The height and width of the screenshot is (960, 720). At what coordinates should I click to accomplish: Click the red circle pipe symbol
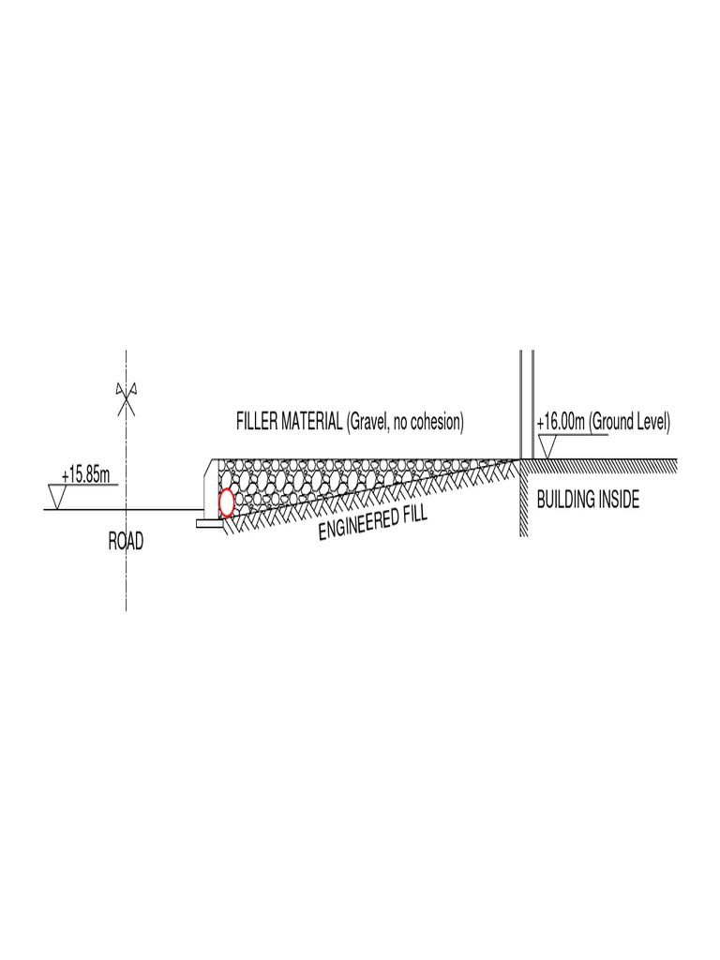[x=226, y=502]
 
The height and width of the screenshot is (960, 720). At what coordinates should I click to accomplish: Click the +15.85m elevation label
[x=85, y=475]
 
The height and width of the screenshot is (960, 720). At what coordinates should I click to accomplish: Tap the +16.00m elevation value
[x=561, y=423]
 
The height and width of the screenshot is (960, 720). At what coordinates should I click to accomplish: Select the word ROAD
[x=126, y=544]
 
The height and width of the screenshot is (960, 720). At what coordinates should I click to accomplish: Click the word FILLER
[x=257, y=423]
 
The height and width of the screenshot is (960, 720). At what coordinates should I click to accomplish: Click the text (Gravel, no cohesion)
[x=405, y=423]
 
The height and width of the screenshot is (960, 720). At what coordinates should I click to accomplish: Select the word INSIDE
[x=620, y=500]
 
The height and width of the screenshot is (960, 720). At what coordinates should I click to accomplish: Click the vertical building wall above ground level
[x=527, y=403]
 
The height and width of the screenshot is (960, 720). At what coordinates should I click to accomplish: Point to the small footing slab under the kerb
[x=209, y=523]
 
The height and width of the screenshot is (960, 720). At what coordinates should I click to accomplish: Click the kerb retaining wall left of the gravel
[x=211, y=487]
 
